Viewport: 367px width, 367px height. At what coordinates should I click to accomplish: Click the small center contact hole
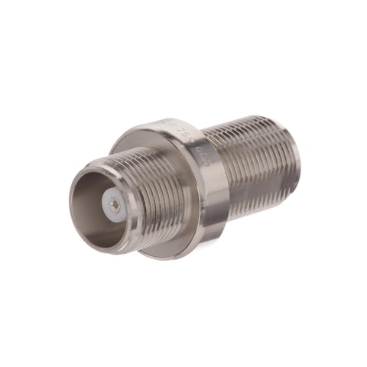(114, 203)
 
